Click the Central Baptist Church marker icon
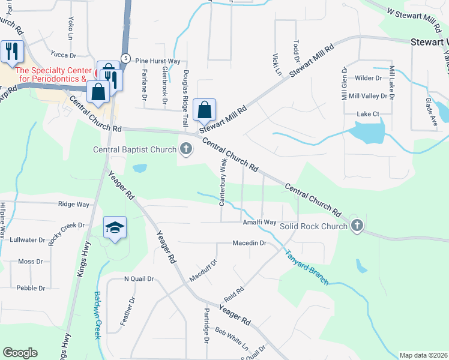(x=186, y=149)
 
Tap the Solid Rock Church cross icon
(x=357, y=226)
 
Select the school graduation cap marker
(x=115, y=228)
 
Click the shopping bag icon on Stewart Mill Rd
(x=205, y=110)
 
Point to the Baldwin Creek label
(x=97, y=315)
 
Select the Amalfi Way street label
(x=259, y=223)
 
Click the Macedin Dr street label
(x=249, y=243)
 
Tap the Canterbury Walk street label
(x=223, y=182)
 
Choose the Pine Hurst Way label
(x=157, y=61)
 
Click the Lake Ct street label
(x=368, y=114)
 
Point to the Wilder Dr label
(x=369, y=79)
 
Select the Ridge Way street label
(x=74, y=205)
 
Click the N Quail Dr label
(x=139, y=279)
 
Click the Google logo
(x=20, y=353)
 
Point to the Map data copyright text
(x=423, y=355)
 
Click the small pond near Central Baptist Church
(x=139, y=168)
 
